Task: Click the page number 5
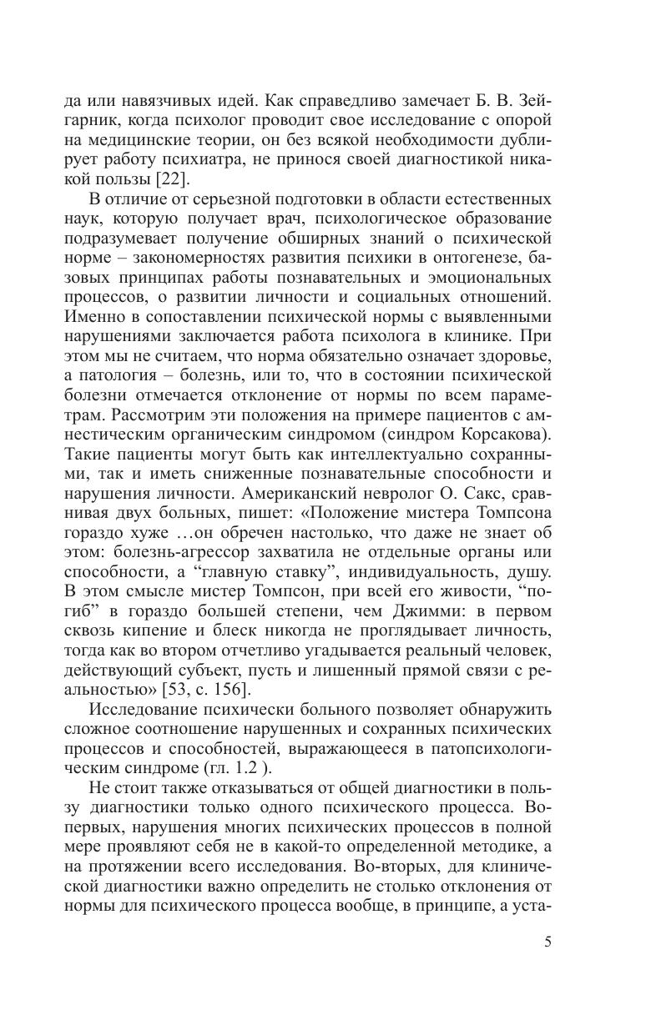(548, 942)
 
